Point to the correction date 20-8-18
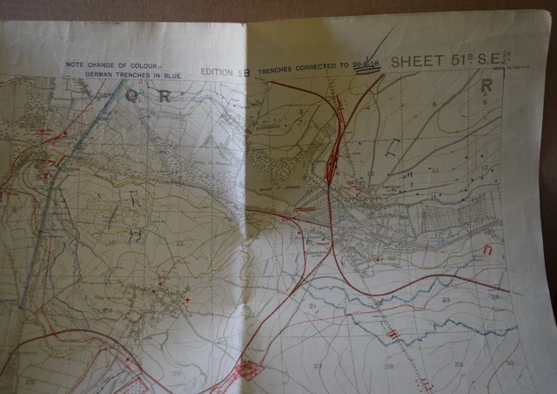click(369, 65)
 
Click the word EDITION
click(218, 71)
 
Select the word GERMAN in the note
click(101, 76)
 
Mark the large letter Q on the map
click(131, 96)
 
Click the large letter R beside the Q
click(164, 97)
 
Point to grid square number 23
click(446, 300)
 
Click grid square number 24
click(494, 297)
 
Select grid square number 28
click(390, 366)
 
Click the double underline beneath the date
click(369, 73)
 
